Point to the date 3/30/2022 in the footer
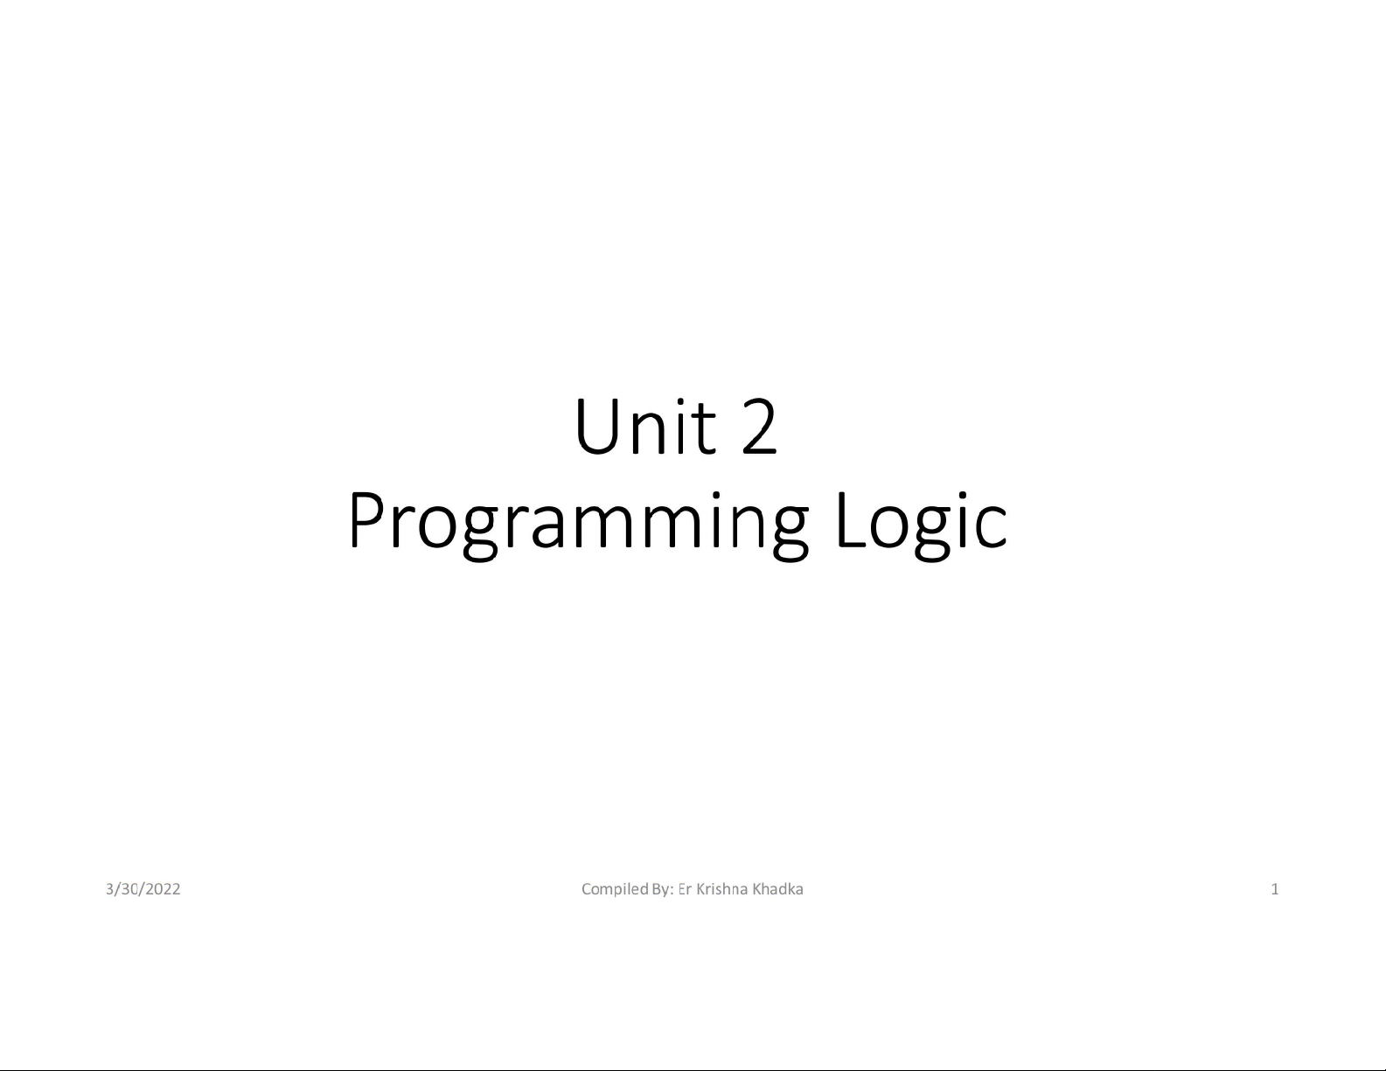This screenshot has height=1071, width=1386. coord(143,889)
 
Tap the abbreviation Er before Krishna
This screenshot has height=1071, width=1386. coord(685,889)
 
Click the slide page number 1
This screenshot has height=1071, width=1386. coord(1275,889)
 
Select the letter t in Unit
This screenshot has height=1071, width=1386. coord(704,430)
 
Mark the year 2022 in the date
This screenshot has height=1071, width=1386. coord(163,889)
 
